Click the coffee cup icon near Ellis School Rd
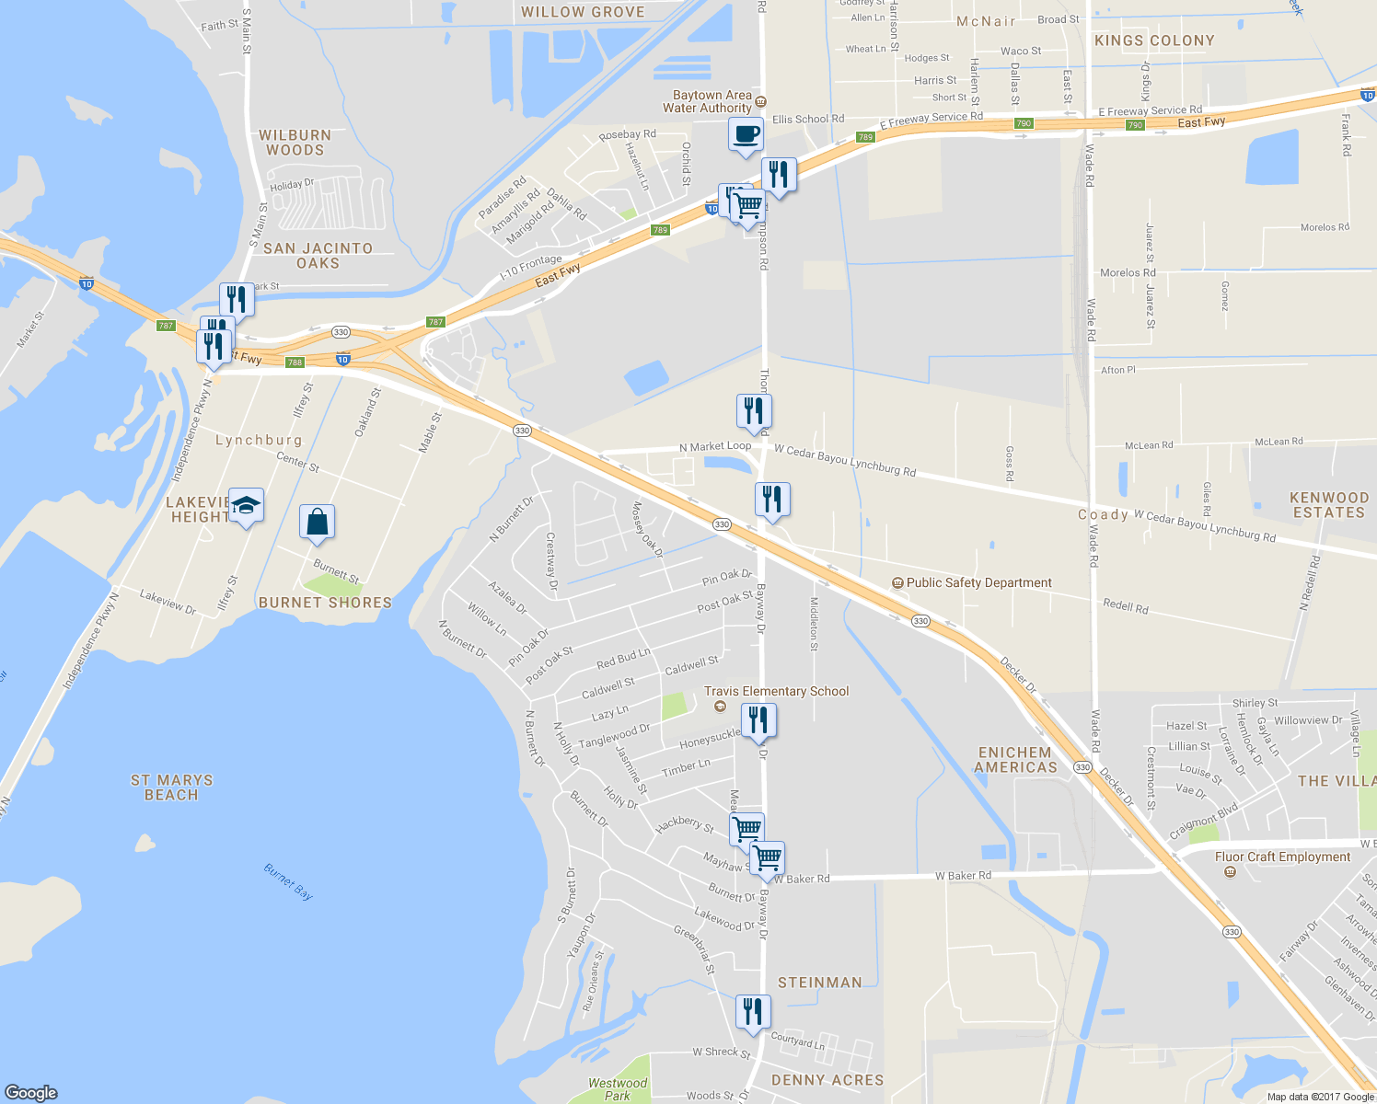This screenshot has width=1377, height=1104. click(x=746, y=133)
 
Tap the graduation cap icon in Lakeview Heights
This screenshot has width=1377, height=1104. click(x=246, y=505)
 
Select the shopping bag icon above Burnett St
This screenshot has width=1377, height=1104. click(x=317, y=522)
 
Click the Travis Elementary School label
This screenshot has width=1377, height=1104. click(x=776, y=691)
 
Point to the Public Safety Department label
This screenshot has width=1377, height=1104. click(x=978, y=582)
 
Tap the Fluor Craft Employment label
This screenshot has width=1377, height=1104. click(x=1282, y=857)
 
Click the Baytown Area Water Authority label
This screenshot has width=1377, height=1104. click(x=712, y=101)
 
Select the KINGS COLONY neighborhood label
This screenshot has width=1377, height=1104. click(x=1154, y=40)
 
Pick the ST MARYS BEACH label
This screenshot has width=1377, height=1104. click(x=171, y=788)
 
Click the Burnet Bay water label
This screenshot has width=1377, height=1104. click(x=288, y=881)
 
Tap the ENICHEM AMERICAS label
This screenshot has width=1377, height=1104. click(x=1015, y=760)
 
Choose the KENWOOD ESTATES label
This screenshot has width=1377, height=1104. click(x=1328, y=505)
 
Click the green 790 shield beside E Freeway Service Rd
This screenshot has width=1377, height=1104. click(x=1023, y=123)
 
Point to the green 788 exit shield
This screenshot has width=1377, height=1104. click(x=295, y=362)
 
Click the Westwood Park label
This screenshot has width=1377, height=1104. click(x=618, y=1089)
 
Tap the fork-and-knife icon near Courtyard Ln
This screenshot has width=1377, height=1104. click(x=753, y=1011)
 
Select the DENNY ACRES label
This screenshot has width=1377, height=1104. click(x=827, y=1080)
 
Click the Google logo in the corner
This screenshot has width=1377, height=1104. click(x=31, y=1092)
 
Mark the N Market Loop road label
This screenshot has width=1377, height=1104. click(x=715, y=446)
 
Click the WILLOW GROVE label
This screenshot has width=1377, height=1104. click(x=583, y=12)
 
